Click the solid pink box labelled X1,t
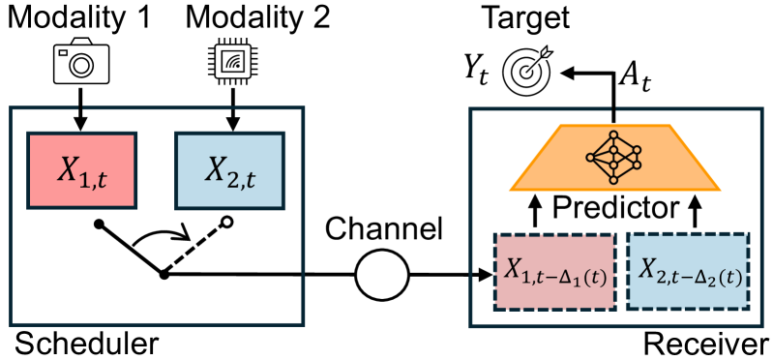(x=82, y=170)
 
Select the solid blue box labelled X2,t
(x=229, y=170)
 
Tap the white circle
(x=382, y=275)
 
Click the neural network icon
(x=613, y=156)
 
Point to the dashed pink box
(x=554, y=271)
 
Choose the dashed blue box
(x=688, y=271)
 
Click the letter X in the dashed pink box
(x=513, y=269)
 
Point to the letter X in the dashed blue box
(x=647, y=269)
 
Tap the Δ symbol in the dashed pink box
(x=565, y=277)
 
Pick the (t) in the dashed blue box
(x=728, y=278)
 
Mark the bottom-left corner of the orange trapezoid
(x=512, y=189)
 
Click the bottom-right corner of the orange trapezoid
(x=719, y=189)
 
